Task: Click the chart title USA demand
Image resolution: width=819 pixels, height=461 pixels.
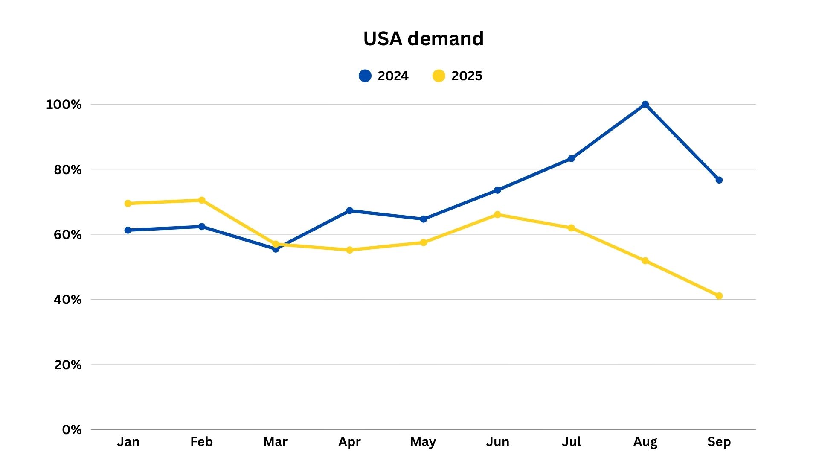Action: (423, 39)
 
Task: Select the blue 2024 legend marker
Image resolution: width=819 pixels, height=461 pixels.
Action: (365, 76)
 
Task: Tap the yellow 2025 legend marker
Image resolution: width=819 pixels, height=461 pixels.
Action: (439, 76)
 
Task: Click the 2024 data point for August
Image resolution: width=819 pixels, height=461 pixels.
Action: (645, 105)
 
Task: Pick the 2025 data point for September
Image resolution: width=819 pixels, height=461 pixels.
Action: (719, 296)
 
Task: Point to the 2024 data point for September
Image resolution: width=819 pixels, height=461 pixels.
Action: (719, 180)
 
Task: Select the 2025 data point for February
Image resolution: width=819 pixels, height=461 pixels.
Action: (202, 200)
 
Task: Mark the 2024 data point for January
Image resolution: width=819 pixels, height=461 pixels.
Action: (128, 230)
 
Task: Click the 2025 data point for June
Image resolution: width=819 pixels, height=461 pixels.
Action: (497, 215)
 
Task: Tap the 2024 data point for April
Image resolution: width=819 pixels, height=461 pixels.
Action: (349, 210)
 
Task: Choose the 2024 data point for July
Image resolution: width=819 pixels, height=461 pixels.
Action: (571, 159)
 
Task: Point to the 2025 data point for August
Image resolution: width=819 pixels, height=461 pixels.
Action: (645, 261)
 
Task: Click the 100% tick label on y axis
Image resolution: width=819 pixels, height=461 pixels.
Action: (64, 105)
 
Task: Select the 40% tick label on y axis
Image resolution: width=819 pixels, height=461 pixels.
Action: (67, 300)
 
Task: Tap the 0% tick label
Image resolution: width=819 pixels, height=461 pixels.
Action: (71, 430)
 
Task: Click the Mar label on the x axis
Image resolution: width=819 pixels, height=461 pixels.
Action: (275, 442)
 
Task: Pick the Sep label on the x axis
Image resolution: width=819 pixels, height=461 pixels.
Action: (719, 442)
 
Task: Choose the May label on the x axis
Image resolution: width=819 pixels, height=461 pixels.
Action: (423, 442)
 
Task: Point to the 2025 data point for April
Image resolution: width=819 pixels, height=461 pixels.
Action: (349, 250)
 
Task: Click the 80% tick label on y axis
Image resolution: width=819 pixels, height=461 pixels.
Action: (67, 170)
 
